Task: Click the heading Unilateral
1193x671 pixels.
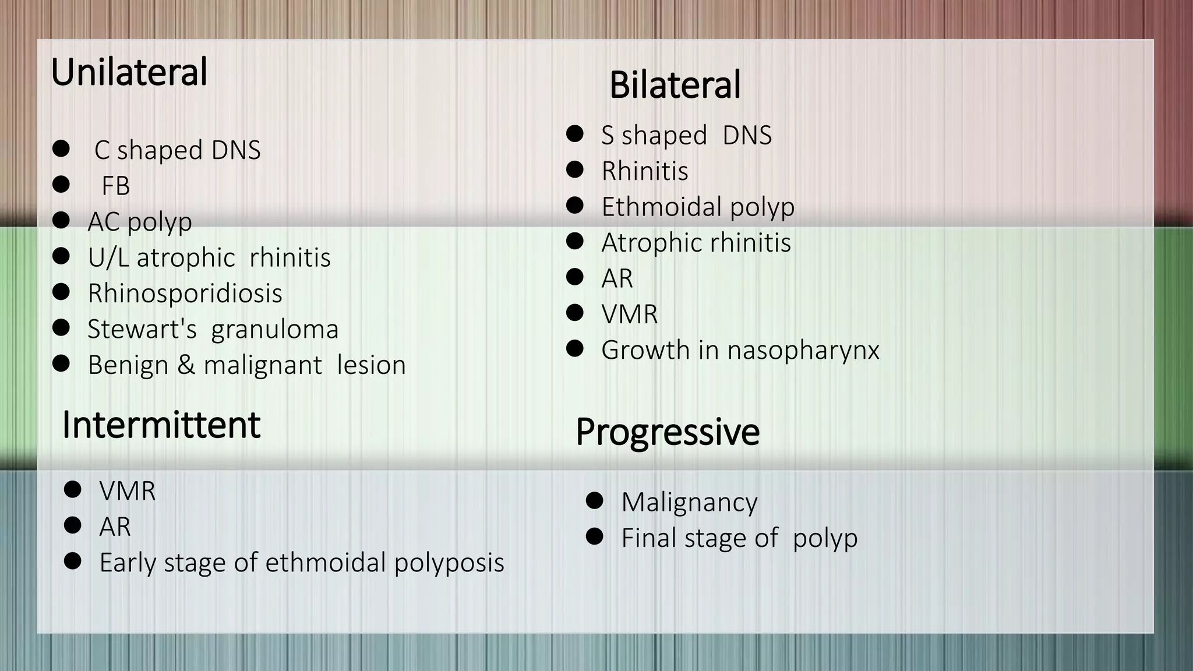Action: [x=129, y=72]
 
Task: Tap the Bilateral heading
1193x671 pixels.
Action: [x=675, y=85]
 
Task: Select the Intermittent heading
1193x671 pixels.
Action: [x=161, y=425]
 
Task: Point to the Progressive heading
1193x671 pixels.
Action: [x=667, y=432]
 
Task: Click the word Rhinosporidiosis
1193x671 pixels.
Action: [x=185, y=293]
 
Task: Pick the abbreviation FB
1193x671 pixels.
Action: [x=115, y=186]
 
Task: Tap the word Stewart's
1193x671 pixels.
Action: [x=142, y=329]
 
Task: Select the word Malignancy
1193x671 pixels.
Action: [x=689, y=502]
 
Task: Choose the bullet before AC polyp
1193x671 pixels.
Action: [x=61, y=220]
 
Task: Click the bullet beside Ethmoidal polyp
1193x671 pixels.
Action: [x=574, y=205]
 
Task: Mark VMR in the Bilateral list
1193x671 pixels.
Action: [x=629, y=315]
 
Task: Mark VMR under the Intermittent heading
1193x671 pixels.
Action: [x=127, y=491]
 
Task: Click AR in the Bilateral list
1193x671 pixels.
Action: [x=616, y=278]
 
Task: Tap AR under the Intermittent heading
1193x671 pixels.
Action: [x=115, y=527]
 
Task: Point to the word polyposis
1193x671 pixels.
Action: [x=449, y=563]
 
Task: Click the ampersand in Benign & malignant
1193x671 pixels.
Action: [x=186, y=365]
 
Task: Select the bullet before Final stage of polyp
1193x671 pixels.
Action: [x=594, y=536]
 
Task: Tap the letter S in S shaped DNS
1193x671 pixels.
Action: [x=607, y=136]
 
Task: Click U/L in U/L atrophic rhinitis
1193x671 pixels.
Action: [x=108, y=257]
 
